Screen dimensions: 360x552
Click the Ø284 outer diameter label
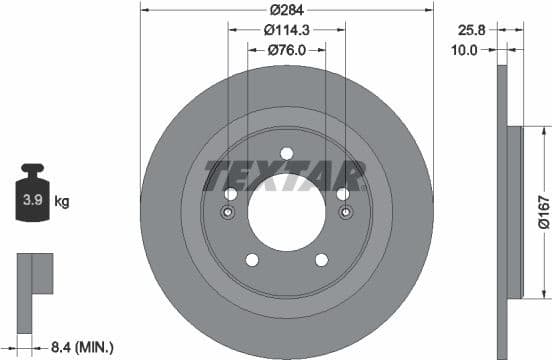286,10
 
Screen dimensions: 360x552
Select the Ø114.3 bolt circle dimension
286,29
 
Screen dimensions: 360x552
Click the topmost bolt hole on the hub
286,153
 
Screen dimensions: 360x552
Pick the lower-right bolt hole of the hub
321,260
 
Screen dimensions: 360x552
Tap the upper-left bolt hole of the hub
231,194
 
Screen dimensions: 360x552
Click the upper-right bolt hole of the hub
342,194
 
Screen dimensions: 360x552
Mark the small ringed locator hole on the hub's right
345,212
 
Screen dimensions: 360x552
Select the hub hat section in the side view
516,212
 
